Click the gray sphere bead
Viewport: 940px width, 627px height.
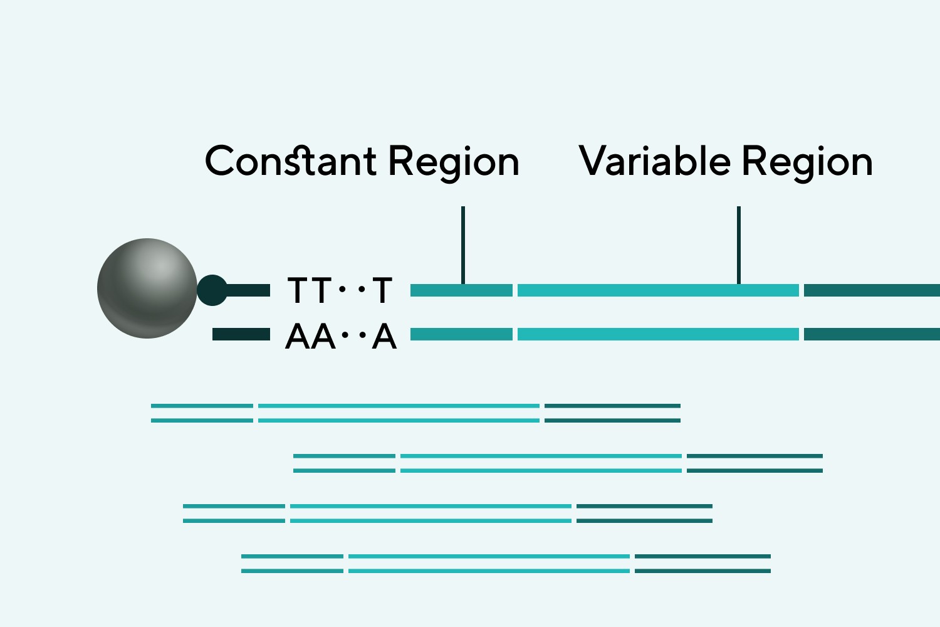[x=147, y=288]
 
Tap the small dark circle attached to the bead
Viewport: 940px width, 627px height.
[x=212, y=290]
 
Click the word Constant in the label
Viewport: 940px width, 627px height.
[x=291, y=161]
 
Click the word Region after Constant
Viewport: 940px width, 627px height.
[x=454, y=164]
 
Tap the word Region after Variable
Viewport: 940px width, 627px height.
[x=807, y=164]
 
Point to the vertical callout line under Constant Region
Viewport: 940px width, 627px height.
[x=463, y=245]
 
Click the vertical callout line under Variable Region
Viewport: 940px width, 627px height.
[x=739, y=245]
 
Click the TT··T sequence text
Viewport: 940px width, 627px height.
[x=340, y=290]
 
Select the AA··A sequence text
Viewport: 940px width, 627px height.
[x=341, y=336]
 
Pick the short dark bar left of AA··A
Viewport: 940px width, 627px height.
[x=241, y=334]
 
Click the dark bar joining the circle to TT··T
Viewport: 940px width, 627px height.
[x=248, y=290]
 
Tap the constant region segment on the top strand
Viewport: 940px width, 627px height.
[x=461, y=290]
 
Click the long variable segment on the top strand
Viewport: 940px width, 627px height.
[x=658, y=290]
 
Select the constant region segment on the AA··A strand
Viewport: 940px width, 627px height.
[x=461, y=334]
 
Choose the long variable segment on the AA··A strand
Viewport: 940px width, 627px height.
[x=658, y=334]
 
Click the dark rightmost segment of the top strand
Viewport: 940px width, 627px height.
[x=872, y=290]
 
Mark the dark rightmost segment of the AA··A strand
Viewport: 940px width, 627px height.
[x=872, y=334]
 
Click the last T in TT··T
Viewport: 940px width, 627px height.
[x=382, y=290]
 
